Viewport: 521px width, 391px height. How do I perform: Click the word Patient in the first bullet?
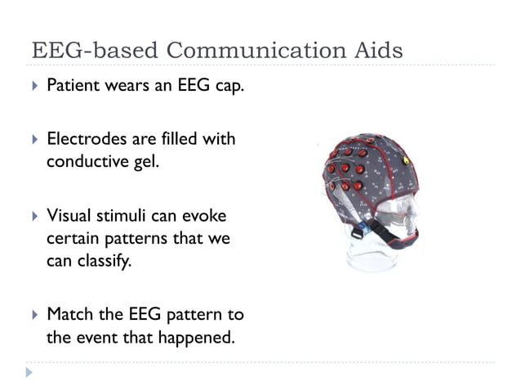(72, 86)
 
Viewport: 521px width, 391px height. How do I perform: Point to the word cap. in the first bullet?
(228, 86)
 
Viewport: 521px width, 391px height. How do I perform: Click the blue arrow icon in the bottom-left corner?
(30, 373)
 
